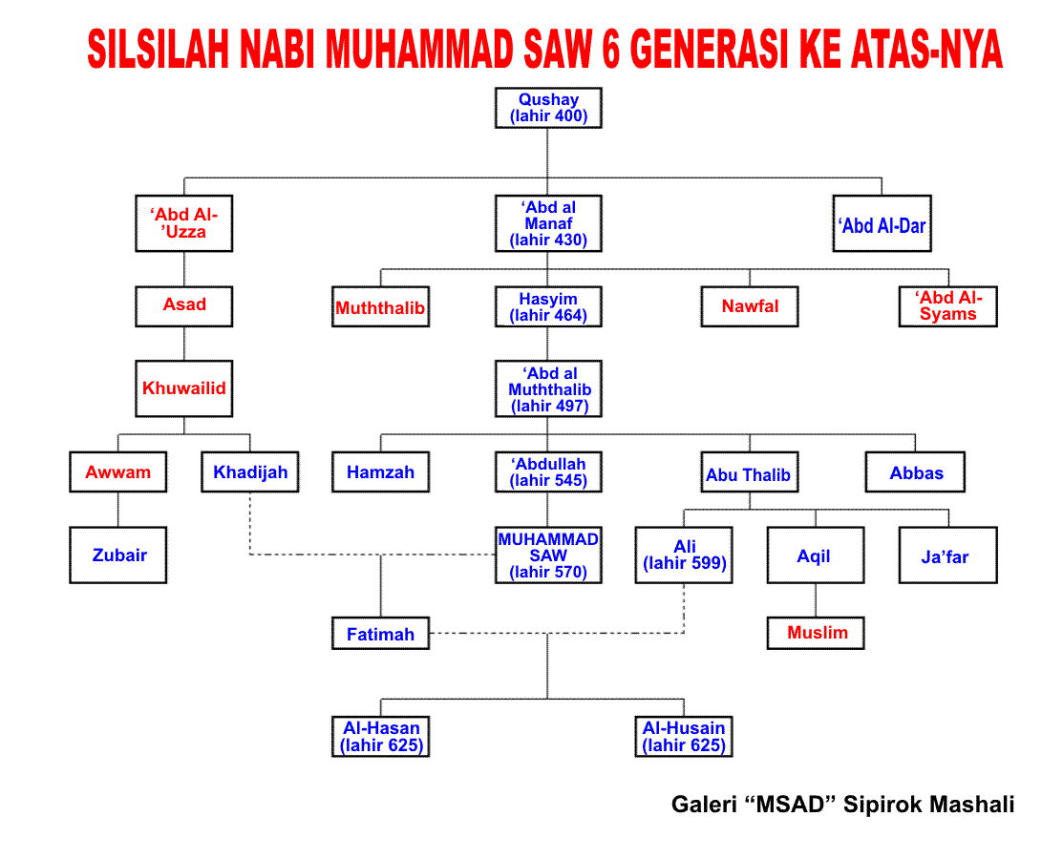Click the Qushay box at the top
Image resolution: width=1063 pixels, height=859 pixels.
[548, 108]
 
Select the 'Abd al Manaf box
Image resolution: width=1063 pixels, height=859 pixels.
[548, 223]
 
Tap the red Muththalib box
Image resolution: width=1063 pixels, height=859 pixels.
[380, 307]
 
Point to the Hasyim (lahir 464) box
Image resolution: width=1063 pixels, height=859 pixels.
[548, 307]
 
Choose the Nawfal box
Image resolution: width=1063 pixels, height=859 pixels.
[750, 307]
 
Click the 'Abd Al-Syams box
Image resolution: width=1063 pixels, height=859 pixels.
[948, 307]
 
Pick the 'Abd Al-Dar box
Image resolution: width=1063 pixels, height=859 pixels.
[882, 223]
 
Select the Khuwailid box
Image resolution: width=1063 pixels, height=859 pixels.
[183, 388]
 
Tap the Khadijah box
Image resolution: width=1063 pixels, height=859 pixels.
[250, 472]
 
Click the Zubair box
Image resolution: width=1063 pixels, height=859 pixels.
[118, 555]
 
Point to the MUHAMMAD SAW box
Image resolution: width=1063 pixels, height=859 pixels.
[548, 555]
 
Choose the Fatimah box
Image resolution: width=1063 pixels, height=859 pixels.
[380, 634]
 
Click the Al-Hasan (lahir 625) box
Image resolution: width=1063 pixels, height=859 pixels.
[380, 737]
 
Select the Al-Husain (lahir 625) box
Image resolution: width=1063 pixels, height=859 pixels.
[684, 737]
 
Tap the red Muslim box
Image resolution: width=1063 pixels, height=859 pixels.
[816, 634]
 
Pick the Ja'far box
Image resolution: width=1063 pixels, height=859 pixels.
[948, 555]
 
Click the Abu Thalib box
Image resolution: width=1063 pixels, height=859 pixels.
[750, 472]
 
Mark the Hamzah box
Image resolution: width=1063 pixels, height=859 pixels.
[380, 472]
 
